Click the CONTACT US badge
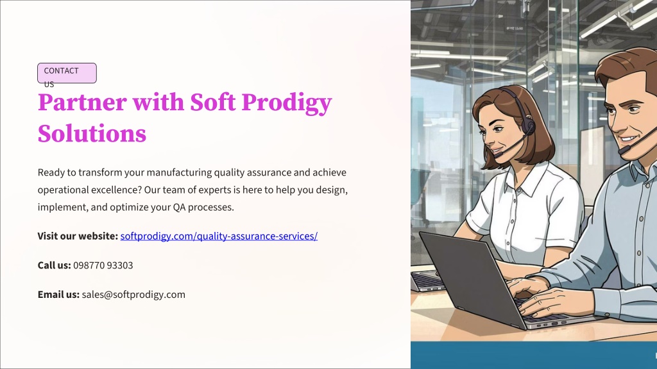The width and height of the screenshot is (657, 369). pyautogui.click(x=67, y=73)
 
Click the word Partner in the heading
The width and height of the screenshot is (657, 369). pyautogui.click(x=82, y=102)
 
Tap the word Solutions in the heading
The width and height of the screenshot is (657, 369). pyautogui.click(x=92, y=134)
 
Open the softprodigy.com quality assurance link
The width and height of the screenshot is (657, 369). pyautogui.click(x=219, y=236)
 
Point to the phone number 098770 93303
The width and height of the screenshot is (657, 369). pyautogui.click(x=103, y=265)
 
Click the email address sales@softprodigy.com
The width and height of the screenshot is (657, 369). pyautogui.click(x=133, y=295)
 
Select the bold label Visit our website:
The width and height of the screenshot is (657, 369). pyautogui.click(x=78, y=236)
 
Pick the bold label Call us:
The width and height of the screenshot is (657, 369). pyautogui.click(x=54, y=265)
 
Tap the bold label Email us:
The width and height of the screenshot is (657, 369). pyautogui.click(x=58, y=295)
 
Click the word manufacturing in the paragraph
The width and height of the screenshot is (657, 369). pyautogui.click(x=180, y=173)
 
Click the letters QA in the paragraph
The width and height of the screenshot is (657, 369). pyautogui.click(x=179, y=207)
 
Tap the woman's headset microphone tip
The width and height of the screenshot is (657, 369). pyautogui.click(x=498, y=154)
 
